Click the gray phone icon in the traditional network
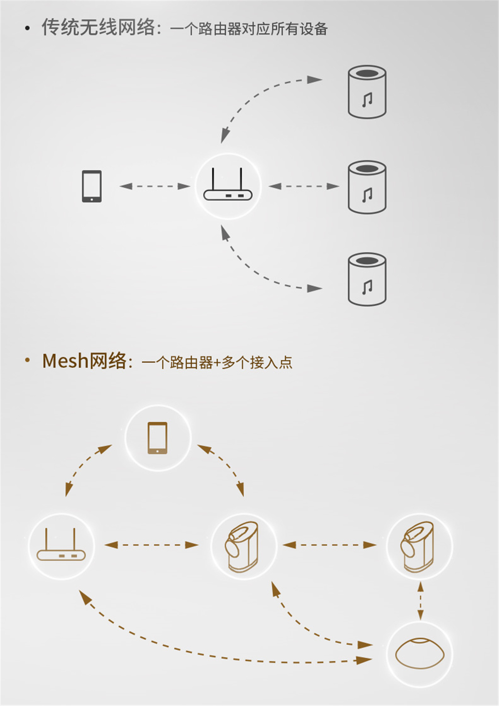click(x=92, y=186)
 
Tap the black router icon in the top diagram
click(x=228, y=184)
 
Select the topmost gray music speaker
click(x=367, y=92)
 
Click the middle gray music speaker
click(x=367, y=187)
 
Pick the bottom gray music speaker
click(x=367, y=280)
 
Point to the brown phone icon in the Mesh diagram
click(x=158, y=438)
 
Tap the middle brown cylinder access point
click(x=242, y=546)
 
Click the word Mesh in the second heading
click(x=65, y=361)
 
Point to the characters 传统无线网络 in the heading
click(x=99, y=27)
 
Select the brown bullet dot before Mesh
click(x=27, y=359)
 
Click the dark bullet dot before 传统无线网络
click(x=27, y=28)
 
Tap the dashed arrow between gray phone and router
click(x=155, y=186)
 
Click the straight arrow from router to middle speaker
click(x=304, y=186)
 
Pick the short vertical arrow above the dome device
click(x=420, y=601)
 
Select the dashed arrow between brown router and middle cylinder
click(x=151, y=545)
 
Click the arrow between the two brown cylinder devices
click(x=329, y=545)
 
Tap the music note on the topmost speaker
click(x=367, y=100)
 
